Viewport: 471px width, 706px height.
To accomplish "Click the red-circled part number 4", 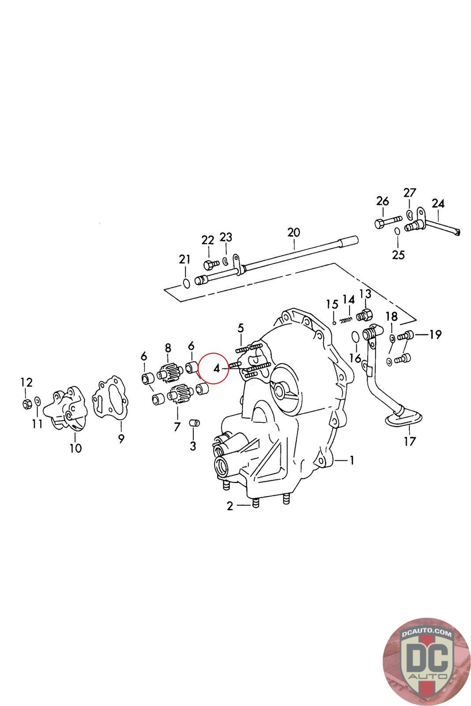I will click(x=217, y=368).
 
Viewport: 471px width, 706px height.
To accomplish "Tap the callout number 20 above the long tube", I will click(x=293, y=233).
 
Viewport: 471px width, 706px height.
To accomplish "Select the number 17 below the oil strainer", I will click(x=410, y=440).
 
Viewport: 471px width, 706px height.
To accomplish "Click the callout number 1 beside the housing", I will click(x=352, y=461).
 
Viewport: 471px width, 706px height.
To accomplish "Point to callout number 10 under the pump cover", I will click(x=75, y=448).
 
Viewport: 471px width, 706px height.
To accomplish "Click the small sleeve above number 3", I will click(x=194, y=423).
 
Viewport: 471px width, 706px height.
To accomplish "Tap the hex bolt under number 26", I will click(x=387, y=222).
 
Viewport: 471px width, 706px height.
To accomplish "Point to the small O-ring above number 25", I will click(x=397, y=231).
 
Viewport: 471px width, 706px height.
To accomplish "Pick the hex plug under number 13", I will click(x=365, y=316).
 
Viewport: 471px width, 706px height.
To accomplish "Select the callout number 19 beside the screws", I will click(x=435, y=335).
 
